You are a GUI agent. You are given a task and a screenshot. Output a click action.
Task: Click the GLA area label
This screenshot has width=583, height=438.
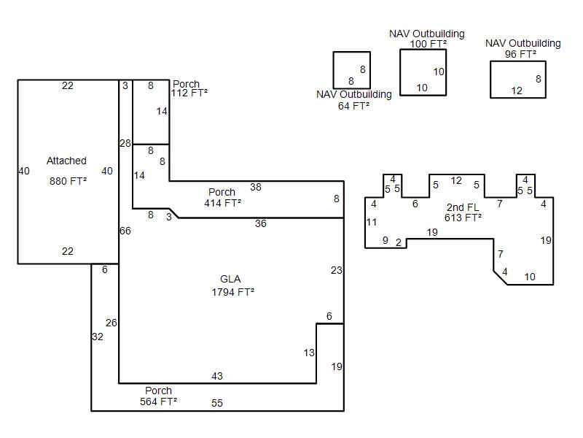(x=230, y=279)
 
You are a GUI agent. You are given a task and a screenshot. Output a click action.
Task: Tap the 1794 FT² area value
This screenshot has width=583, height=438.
(x=233, y=292)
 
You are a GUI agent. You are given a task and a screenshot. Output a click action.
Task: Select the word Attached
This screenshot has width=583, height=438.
(x=66, y=161)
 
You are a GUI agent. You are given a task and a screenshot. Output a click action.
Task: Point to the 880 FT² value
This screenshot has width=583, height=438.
(x=68, y=181)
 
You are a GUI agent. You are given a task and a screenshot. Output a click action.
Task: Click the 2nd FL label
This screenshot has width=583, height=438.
(x=463, y=207)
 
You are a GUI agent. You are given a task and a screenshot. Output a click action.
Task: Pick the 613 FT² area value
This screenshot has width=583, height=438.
(x=463, y=217)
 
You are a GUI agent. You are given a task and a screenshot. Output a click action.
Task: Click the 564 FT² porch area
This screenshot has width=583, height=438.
(x=158, y=401)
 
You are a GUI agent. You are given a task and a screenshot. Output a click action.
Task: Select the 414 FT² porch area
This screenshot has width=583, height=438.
(x=223, y=203)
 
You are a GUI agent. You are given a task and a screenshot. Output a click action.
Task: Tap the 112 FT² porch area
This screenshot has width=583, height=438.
(x=189, y=93)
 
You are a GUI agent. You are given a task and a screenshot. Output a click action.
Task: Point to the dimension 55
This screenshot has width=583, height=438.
(x=217, y=403)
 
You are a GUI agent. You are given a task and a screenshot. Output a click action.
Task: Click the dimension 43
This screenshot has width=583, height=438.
(x=217, y=376)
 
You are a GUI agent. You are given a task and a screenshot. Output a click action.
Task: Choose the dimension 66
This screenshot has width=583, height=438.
(x=125, y=231)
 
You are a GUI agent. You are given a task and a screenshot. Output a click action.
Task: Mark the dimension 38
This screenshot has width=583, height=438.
(x=256, y=187)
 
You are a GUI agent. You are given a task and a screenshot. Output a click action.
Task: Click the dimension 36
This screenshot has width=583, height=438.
(x=261, y=223)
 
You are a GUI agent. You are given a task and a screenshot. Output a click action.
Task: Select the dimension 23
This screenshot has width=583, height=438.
(x=337, y=270)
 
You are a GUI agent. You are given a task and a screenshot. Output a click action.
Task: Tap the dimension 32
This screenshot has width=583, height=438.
(x=98, y=337)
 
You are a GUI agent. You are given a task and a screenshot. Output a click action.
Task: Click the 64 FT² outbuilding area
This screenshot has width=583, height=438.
(x=353, y=106)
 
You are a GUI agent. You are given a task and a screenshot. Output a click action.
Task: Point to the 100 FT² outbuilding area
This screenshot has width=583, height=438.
(x=429, y=44)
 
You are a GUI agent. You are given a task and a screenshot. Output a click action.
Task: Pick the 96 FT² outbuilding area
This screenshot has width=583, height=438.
(x=520, y=54)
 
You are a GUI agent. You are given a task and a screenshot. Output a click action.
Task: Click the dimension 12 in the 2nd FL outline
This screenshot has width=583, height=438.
(x=456, y=180)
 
